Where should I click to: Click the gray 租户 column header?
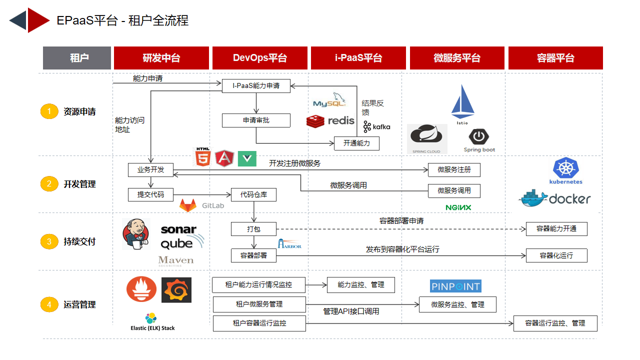[x=77, y=58]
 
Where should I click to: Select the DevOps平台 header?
[x=259, y=58]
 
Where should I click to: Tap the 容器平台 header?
[x=555, y=58]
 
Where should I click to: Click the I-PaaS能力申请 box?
[x=256, y=85]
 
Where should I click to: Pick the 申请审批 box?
[x=256, y=120]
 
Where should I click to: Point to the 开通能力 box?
[x=356, y=143]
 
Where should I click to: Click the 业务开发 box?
[x=150, y=170]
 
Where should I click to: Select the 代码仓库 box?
[x=253, y=194]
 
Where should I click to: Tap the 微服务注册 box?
[x=454, y=170]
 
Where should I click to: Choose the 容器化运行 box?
[x=556, y=255]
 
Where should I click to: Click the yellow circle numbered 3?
[x=49, y=241]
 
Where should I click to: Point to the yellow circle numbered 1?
[x=49, y=111]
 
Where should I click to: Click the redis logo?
[x=330, y=121]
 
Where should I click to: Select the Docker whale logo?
[x=554, y=198]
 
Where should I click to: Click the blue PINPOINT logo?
[x=455, y=286]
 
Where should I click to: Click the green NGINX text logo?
[x=458, y=207]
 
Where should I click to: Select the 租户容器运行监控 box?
[x=259, y=323]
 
